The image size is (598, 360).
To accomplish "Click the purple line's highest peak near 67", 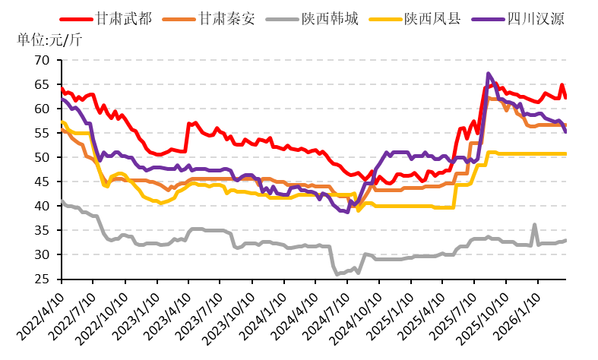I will click(488, 74).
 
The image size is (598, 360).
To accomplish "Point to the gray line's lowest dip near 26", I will click(338, 273).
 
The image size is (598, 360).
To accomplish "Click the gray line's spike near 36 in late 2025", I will click(535, 225).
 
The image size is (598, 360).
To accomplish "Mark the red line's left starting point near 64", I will click(62, 88).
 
